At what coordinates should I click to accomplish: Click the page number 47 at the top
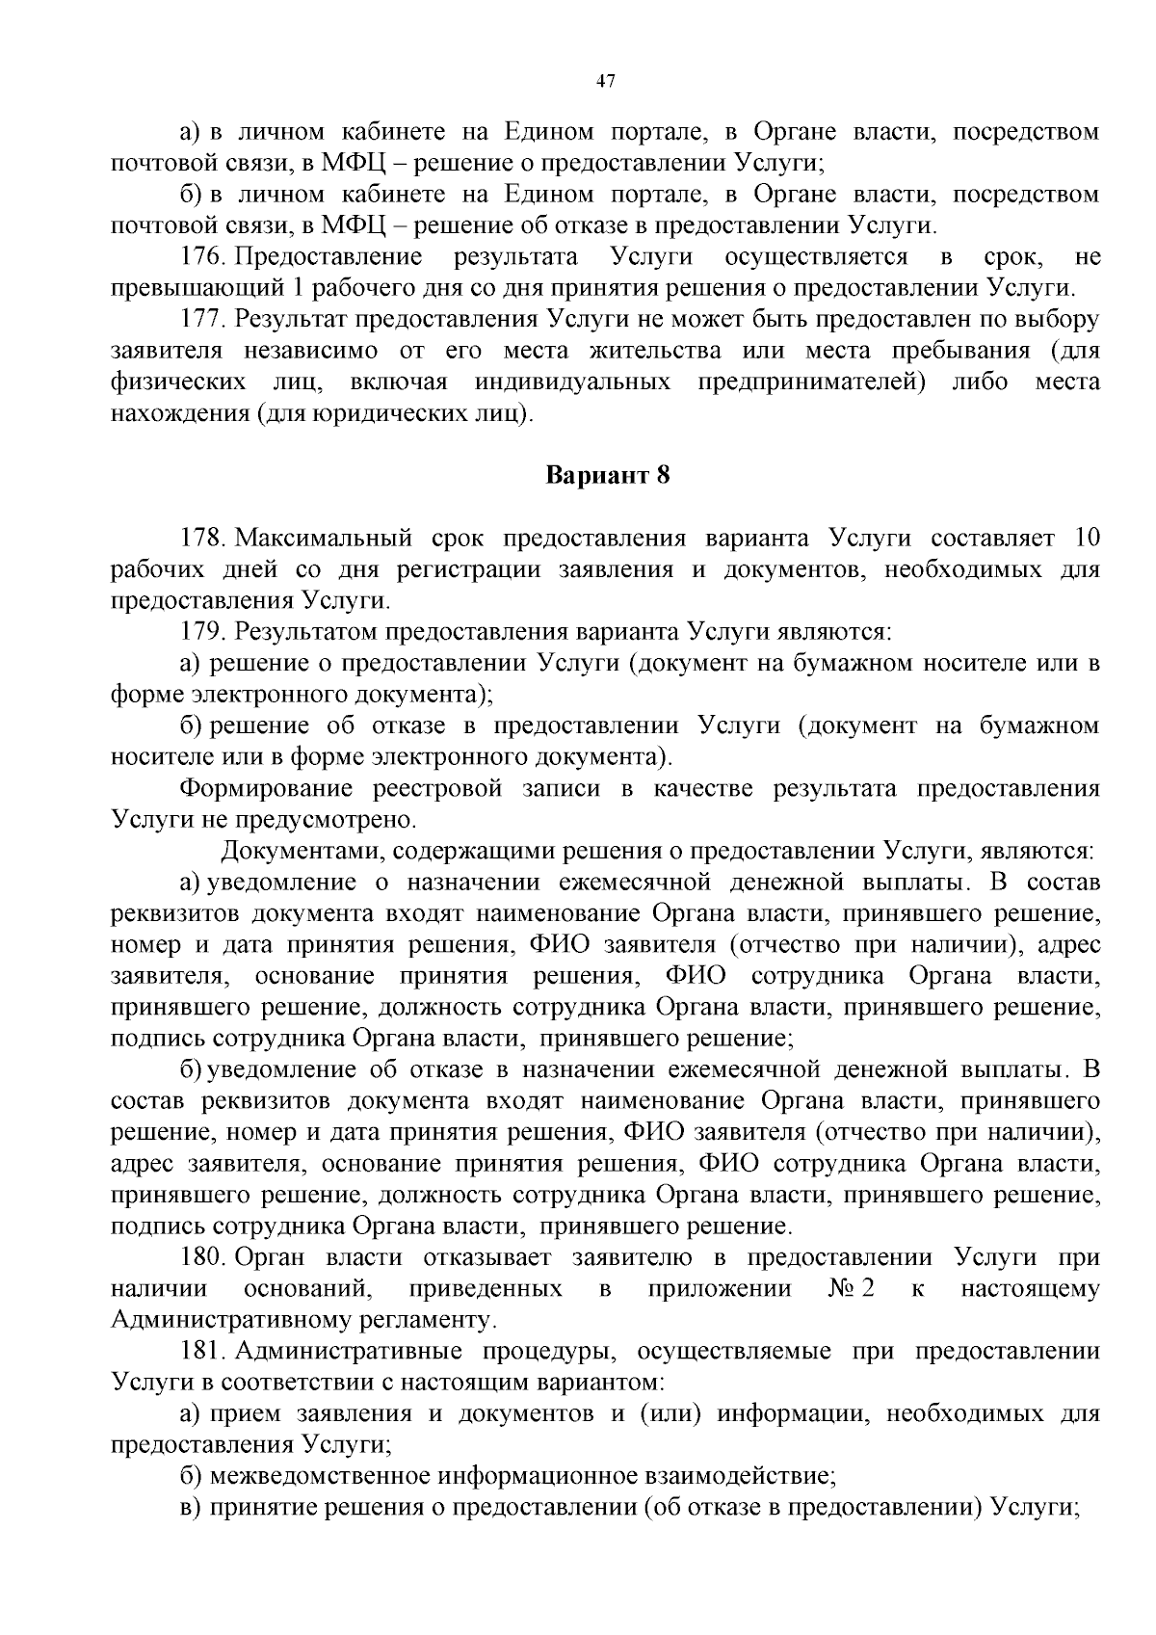click(x=606, y=82)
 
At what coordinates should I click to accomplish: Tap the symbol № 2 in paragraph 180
click(x=851, y=1288)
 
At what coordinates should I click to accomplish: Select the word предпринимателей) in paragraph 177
click(x=811, y=382)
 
